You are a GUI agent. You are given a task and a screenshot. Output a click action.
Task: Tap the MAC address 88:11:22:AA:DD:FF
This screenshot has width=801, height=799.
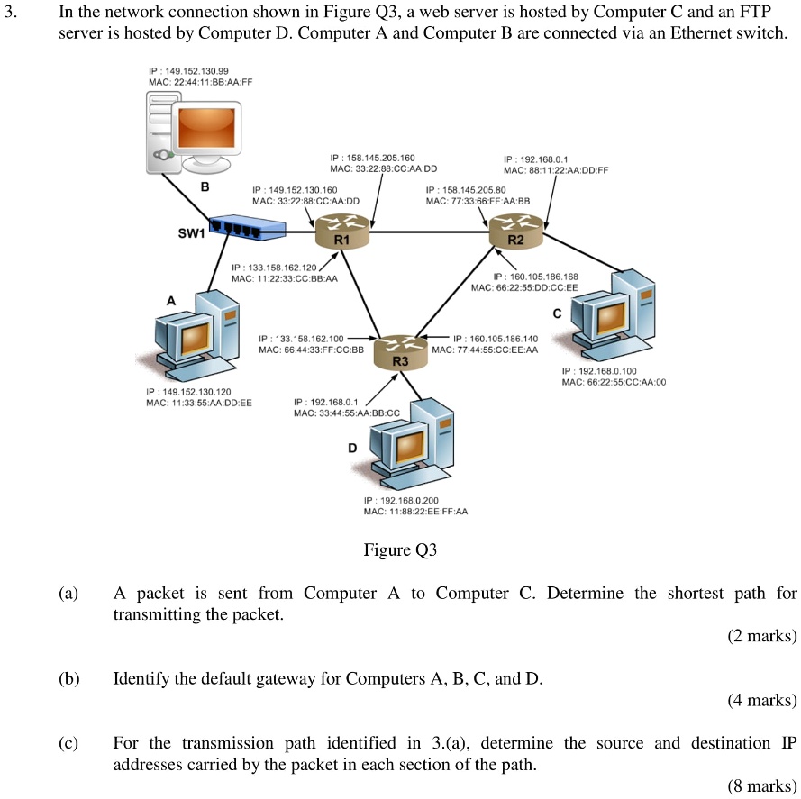[x=556, y=169]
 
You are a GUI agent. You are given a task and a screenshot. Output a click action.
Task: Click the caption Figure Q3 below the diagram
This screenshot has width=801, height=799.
[x=400, y=549]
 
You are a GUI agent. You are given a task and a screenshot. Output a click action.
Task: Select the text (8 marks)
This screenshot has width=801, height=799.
[x=761, y=785]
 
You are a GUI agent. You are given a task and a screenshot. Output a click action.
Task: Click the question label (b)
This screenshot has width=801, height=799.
[x=68, y=678]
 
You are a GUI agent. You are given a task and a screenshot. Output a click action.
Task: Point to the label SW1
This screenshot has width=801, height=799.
[x=191, y=233]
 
